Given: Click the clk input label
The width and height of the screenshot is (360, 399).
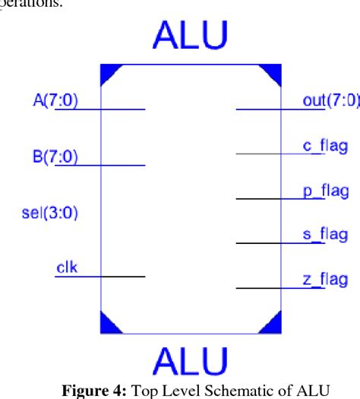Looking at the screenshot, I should click(66, 268).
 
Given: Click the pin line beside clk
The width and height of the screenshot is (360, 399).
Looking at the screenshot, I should click(99, 277).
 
